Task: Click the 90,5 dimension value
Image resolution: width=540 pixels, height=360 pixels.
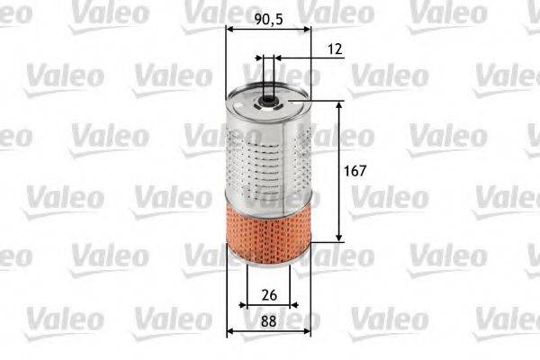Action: [x=267, y=17]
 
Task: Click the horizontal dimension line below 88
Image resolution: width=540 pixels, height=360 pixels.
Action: [x=267, y=331]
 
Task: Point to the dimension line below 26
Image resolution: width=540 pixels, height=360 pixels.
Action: [x=267, y=306]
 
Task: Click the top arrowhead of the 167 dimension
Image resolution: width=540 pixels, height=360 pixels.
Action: [x=339, y=104]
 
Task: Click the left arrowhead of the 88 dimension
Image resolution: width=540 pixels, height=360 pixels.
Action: [x=230, y=331]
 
